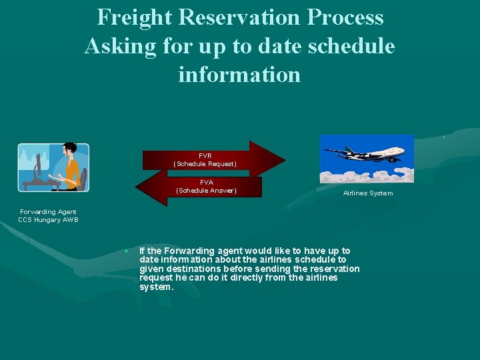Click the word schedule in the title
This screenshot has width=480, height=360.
pos(353,46)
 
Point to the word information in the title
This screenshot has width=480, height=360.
pos(239,74)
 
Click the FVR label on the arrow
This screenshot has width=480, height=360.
pos(205,155)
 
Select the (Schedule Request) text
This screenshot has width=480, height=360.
pos(205,163)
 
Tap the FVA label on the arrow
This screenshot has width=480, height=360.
pos(207,182)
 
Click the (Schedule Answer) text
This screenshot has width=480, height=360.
pos(207,190)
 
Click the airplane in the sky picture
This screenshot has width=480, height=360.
pos(365,154)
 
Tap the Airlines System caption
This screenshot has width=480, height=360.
pos(368,193)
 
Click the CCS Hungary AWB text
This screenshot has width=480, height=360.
pos(48,219)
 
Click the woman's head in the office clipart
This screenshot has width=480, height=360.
pos(69,151)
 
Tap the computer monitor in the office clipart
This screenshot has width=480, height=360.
pos(39,164)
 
